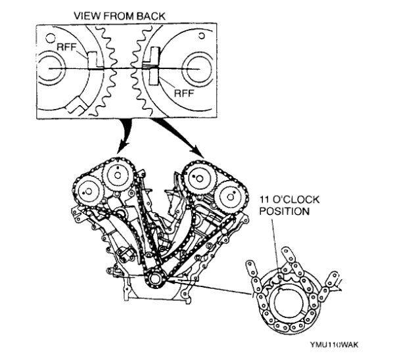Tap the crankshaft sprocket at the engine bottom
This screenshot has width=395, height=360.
[156, 278]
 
